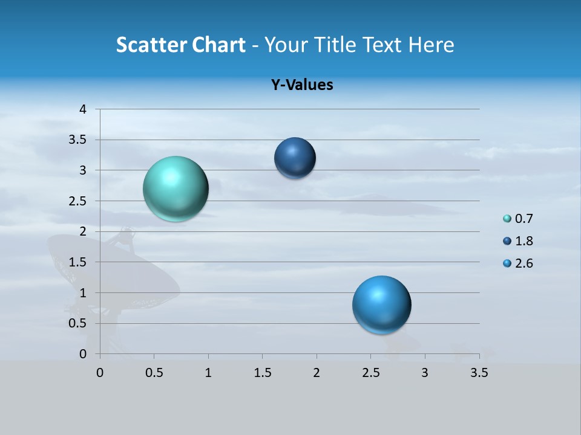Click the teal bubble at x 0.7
coord(176,188)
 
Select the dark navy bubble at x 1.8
coord(295,158)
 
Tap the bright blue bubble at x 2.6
coord(381,304)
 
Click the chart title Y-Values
coord(301,85)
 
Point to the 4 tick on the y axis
coord(83,109)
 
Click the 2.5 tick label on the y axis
coord(78,201)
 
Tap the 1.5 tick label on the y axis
coord(78,262)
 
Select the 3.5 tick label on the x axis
coord(479,373)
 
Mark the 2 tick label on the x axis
coord(317,373)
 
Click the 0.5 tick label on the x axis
coord(154,373)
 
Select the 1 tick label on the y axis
coord(83,292)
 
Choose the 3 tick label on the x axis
coord(425,373)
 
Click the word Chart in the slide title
coord(219,45)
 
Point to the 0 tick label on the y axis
coord(83,354)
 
